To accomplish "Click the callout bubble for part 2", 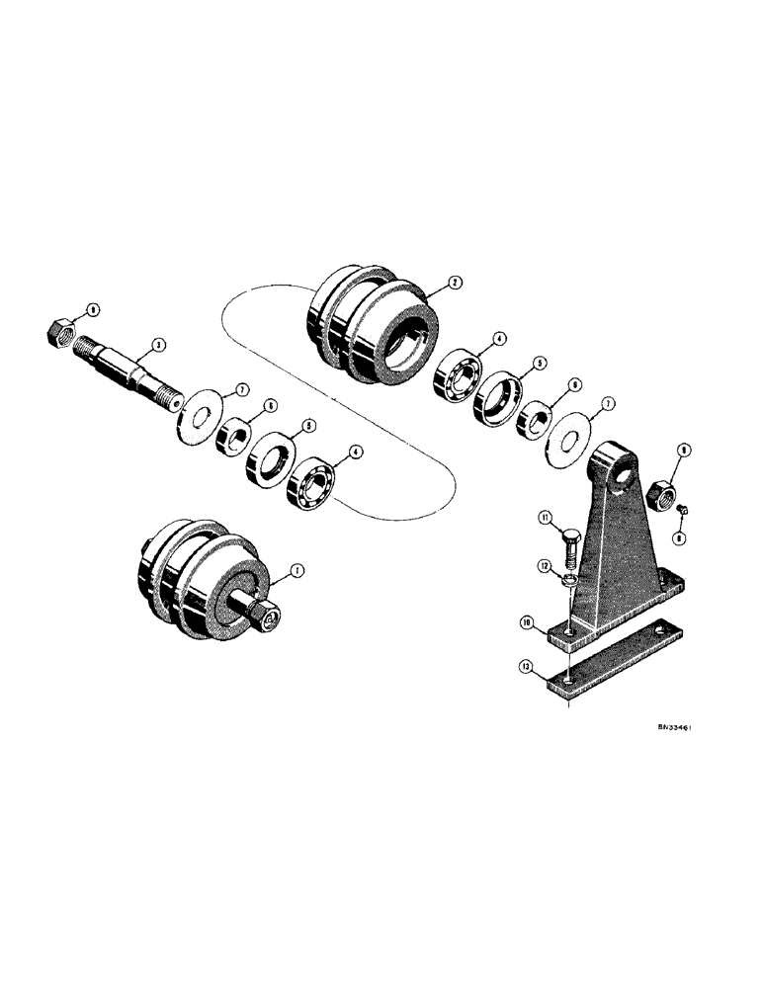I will click(x=454, y=283).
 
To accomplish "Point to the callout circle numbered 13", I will click(x=528, y=669).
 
